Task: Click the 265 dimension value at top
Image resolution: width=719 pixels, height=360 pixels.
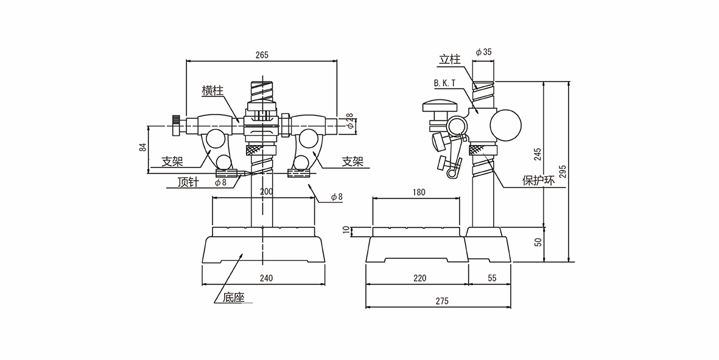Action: tap(261, 55)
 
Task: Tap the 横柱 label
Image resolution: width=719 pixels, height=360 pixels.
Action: tap(212, 91)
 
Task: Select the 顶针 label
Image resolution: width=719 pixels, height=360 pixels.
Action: tap(188, 182)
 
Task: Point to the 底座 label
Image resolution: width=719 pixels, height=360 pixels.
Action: tap(233, 298)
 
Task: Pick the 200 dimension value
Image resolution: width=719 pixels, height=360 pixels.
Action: tap(266, 191)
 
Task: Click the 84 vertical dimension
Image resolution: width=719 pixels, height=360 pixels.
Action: tap(142, 147)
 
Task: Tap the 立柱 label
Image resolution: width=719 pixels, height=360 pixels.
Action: tap(449, 60)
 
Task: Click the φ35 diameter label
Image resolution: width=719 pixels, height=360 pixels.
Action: tap(483, 52)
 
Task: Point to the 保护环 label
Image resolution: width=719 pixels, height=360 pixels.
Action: tap(539, 180)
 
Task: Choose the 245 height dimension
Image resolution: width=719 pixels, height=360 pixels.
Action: tap(538, 154)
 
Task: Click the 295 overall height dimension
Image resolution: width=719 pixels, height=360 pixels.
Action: tap(563, 172)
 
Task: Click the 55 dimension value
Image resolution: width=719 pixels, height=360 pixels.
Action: tap(492, 278)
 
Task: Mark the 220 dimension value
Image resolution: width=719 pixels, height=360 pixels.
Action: tap(419, 278)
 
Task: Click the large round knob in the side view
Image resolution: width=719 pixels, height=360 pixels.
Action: tap(507, 124)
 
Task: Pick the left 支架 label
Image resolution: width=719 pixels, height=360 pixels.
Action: tap(172, 162)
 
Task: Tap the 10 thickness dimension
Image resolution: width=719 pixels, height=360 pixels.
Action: tap(347, 230)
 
